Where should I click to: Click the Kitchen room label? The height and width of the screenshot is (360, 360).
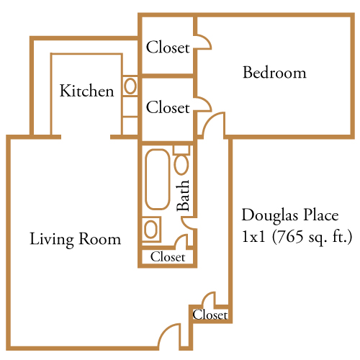tap(86, 91)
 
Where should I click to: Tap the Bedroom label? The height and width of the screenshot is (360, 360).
tap(274, 72)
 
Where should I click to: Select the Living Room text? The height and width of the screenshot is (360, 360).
tap(76, 239)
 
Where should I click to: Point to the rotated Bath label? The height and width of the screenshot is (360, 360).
tap(183, 196)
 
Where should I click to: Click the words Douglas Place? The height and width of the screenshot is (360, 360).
tap(290, 215)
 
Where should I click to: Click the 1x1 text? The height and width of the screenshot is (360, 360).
tap(254, 237)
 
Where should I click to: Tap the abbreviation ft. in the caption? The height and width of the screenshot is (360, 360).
tap(340, 236)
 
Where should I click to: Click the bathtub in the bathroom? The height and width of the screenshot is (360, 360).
tap(158, 179)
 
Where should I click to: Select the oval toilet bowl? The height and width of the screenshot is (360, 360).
tap(181, 165)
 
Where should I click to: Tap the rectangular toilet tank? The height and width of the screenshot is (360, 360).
tap(181, 150)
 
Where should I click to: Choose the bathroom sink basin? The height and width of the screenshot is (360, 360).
tap(151, 229)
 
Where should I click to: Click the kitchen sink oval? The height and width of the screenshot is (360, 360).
tap(130, 86)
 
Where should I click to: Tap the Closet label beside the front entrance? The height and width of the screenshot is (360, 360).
tap(210, 315)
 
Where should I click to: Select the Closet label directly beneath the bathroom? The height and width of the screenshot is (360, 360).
tap(168, 257)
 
